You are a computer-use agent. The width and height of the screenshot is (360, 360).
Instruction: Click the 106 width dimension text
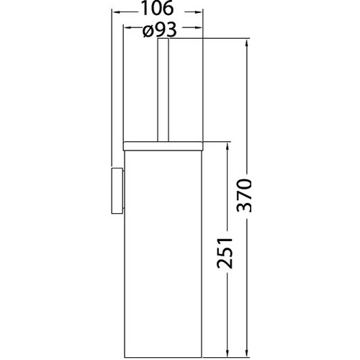coord(157,9)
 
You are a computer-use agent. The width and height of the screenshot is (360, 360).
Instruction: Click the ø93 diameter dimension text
coord(160,30)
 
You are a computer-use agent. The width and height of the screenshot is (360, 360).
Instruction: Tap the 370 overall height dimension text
coord(244,195)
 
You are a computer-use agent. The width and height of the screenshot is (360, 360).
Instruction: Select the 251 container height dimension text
coord(225,253)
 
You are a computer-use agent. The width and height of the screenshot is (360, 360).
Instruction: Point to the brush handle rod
coord(163,90)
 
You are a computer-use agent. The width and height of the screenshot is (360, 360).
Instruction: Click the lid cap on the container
coord(163,146)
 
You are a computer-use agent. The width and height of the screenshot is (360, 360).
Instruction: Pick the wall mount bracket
coord(117,191)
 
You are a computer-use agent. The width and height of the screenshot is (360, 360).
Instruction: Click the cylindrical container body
coord(163,254)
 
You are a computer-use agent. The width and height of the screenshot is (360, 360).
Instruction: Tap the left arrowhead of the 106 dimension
coord(116,12)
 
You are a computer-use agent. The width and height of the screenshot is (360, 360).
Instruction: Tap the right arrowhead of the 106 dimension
coord(199,12)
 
